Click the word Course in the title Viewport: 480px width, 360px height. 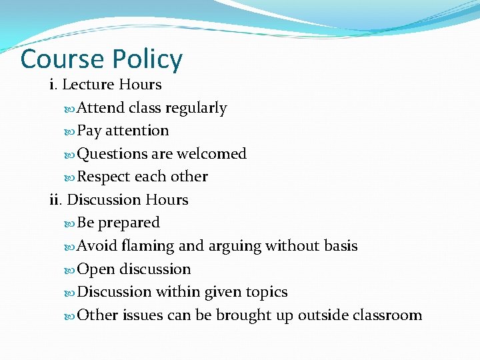tap(62, 59)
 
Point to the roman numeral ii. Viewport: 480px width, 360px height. tap(55, 199)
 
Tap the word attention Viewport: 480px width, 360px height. tap(137, 131)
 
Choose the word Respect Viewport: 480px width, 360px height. tap(104, 177)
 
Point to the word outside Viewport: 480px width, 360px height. tap(320, 315)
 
